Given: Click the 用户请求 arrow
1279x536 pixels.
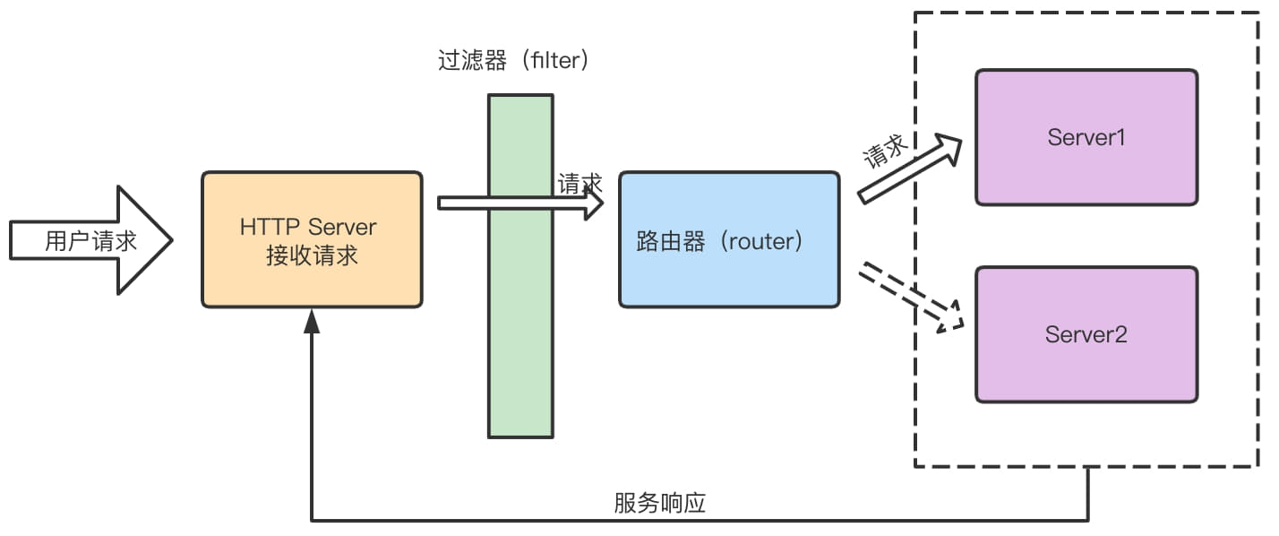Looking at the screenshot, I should pos(90,240).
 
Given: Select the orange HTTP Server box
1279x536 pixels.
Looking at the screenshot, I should pos(312,239).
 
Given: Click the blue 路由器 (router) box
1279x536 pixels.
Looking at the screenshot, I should pos(729,240).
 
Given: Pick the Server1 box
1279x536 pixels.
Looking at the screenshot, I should pos(1086,137).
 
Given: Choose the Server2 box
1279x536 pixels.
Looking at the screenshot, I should pos(1086,333).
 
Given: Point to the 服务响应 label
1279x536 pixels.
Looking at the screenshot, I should pos(660,503).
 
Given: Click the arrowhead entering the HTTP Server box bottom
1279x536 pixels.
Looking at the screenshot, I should pos(312,321).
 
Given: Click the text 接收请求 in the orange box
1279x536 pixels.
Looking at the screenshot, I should pos(312,255).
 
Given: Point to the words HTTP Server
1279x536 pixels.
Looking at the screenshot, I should pos(308,226).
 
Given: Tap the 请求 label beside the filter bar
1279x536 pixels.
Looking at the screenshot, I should pos(579,184).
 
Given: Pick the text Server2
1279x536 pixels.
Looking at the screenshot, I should pos(1086,334).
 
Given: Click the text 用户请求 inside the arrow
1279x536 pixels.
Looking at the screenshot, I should pos(90,240).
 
